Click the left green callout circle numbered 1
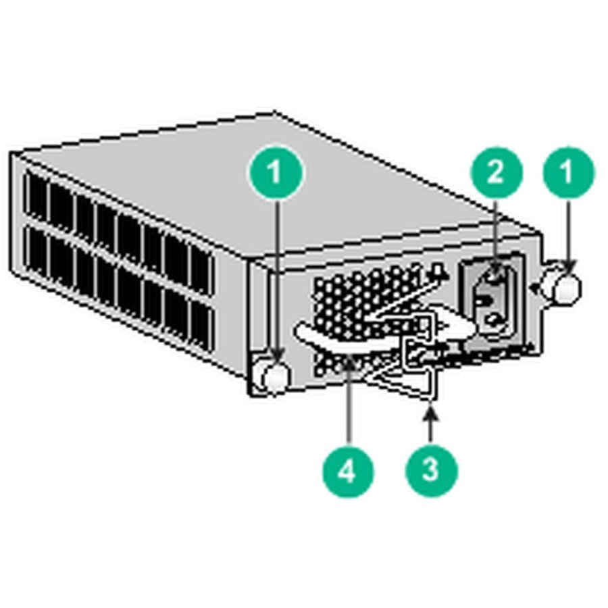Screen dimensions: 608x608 click(275, 172)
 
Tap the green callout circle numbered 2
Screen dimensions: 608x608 click(496, 172)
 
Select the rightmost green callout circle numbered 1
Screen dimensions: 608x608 click(568, 172)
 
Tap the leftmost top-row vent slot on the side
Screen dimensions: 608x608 click(35, 197)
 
